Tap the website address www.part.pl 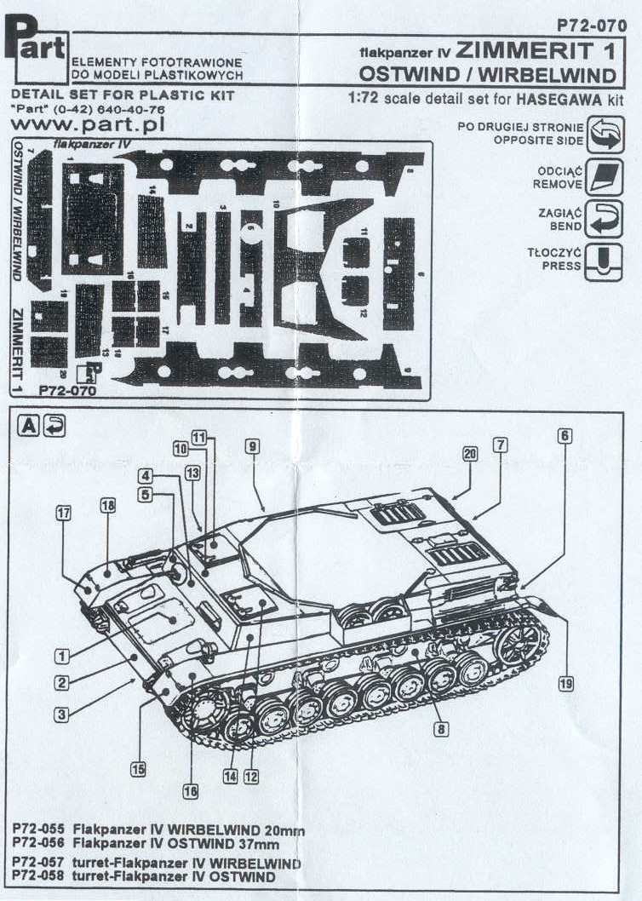89,125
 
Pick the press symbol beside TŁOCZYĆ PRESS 606,259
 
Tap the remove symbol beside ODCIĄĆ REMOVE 606,177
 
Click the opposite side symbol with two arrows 606,135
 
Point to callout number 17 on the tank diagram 64,513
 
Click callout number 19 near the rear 566,682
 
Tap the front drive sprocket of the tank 202,713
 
